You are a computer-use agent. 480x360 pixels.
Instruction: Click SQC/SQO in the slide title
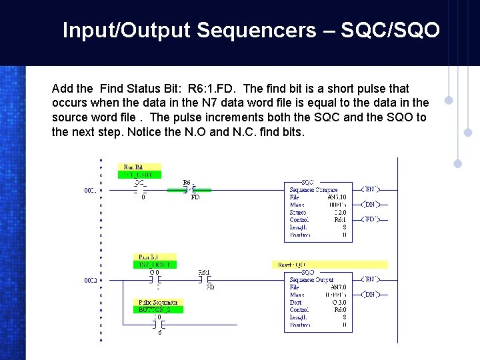(x=390, y=30)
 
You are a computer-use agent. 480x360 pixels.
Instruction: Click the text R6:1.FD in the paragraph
(x=212, y=89)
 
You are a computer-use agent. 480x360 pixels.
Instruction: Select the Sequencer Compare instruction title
(x=313, y=190)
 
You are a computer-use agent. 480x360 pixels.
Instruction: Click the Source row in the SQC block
(x=317, y=212)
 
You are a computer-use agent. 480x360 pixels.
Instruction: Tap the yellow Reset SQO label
(x=292, y=265)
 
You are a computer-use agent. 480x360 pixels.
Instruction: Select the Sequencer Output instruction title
(x=312, y=280)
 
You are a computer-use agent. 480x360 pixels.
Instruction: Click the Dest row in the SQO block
(x=317, y=302)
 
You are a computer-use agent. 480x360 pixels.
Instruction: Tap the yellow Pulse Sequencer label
(x=159, y=302)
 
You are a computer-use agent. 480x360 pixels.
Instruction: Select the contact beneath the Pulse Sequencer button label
(x=158, y=325)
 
